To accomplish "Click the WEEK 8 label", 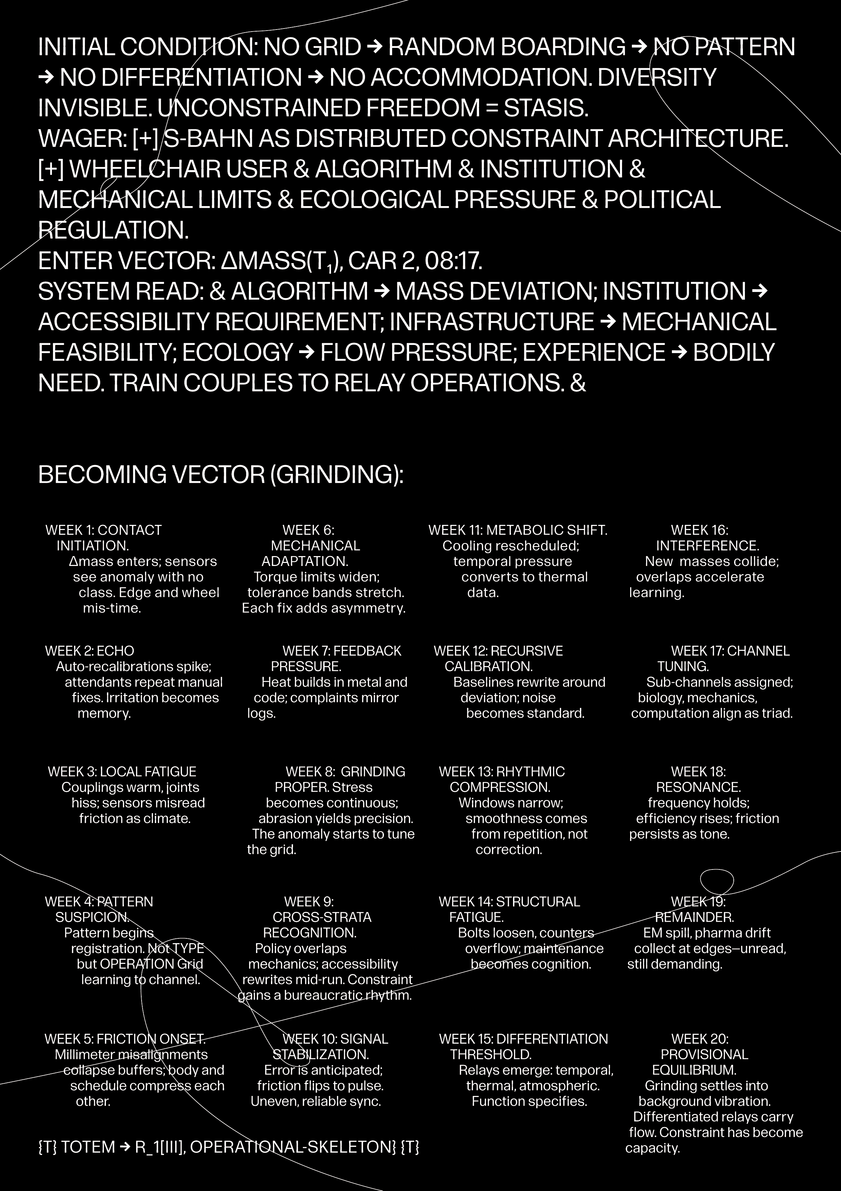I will pyautogui.click(x=309, y=772).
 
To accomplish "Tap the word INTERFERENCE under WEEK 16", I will pyautogui.click(x=707, y=546).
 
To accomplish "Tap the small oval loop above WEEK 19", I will pyautogui.click(x=717, y=881).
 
